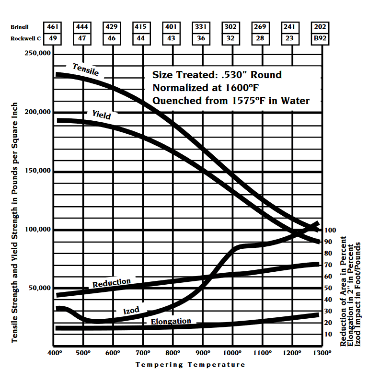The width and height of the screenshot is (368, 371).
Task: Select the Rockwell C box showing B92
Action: pos(319,38)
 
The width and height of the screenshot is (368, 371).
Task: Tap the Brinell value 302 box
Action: pos(230,27)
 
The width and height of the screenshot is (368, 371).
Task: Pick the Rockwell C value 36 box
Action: pos(201,38)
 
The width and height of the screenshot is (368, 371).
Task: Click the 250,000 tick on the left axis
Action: pos(37,54)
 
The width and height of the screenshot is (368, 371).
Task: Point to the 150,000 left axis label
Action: pos(37,171)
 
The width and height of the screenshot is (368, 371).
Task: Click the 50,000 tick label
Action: pos(39,288)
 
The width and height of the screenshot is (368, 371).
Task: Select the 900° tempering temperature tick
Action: pos(202,353)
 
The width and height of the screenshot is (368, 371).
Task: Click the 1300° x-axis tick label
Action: pos(322,353)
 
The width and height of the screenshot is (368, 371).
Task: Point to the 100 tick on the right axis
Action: pos(331,230)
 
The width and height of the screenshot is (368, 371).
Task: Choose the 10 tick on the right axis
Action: pos(329,334)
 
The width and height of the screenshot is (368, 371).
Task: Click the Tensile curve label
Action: pos(86,70)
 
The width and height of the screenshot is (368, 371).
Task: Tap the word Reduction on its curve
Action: pos(112,283)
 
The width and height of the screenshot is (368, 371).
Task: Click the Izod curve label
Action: pos(131,311)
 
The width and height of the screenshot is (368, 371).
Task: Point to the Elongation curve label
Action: pos(171,321)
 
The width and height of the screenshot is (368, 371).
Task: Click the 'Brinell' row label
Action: pos(21,27)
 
